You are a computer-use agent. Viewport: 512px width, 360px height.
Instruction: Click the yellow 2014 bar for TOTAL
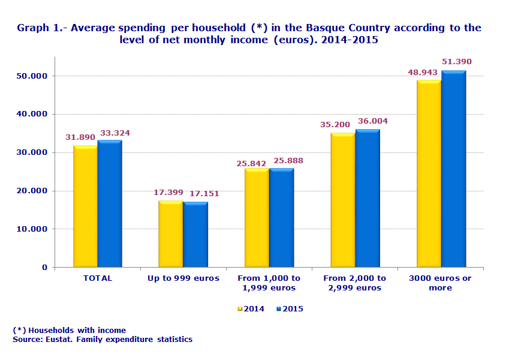pyautogui.click(x=85, y=206)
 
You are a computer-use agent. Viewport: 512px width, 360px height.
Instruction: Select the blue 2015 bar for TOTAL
pyautogui.click(x=110, y=204)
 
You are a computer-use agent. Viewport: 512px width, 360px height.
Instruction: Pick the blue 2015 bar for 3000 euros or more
pyautogui.click(x=453, y=169)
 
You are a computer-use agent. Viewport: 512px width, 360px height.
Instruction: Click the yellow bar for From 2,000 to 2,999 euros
pyautogui.click(x=342, y=200)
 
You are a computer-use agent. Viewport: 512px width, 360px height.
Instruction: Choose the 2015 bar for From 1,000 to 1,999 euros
pyautogui.click(x=281, y=218)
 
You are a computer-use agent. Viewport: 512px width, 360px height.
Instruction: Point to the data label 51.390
pyautogui.click(x=457, y=62)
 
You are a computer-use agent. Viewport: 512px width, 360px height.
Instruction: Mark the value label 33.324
pyautogui.click(x=115, y=133)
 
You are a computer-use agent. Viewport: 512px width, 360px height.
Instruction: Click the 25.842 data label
pyautogui.click(x=251, y=163)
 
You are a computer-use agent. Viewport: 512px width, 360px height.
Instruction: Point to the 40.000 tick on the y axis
pyautogui.click(x=32, y=114)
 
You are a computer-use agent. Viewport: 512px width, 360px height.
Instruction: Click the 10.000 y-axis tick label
pyautogui.click(x=32, y=229)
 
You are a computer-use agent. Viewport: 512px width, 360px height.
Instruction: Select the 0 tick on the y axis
pyautogui.click(x=44, y=268)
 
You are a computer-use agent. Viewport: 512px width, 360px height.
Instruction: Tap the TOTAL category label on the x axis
pyautogui.click(x=97, y=278)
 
